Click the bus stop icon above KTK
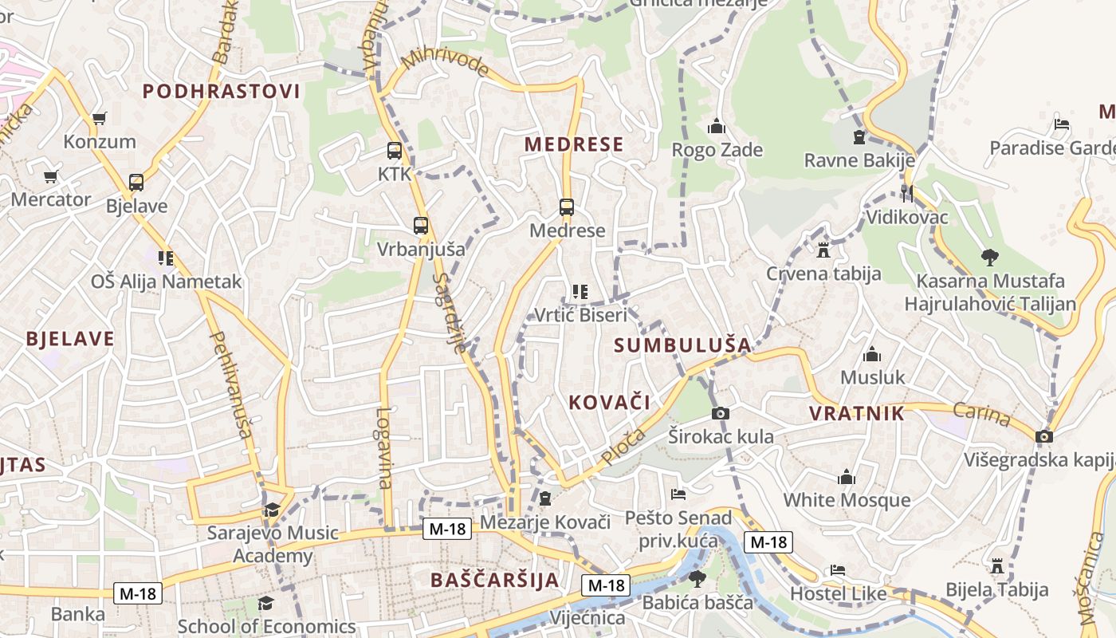click(394, 150)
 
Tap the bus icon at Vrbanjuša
click(420, 226)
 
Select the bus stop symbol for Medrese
click(567, 207)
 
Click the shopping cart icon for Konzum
click(100, 119)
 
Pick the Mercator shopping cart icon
click(51, 176)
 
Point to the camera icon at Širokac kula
click(720, 413)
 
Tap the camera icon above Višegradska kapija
click(1043, 436)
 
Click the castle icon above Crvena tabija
click(823, 250)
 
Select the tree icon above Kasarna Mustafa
click(989, 257)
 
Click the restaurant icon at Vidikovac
click(906, 193)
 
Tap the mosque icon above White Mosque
click(847, 477)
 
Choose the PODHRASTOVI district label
click(222, 92)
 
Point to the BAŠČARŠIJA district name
click(495, 580)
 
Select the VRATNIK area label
click(857, 413)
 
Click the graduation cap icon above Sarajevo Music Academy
click(272, 510)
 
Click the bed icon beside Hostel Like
click(837, 570)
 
